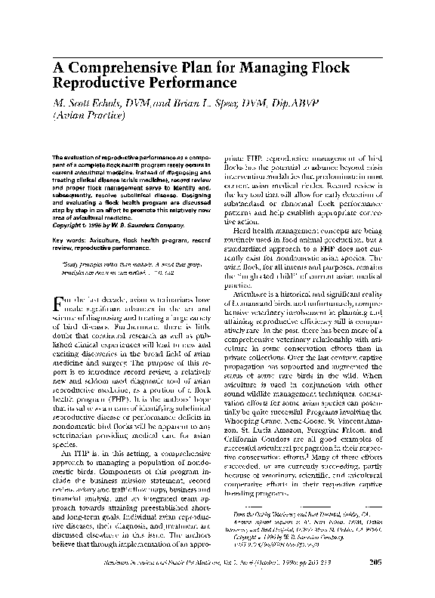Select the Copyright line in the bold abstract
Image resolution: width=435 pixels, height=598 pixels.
pos(113,225)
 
